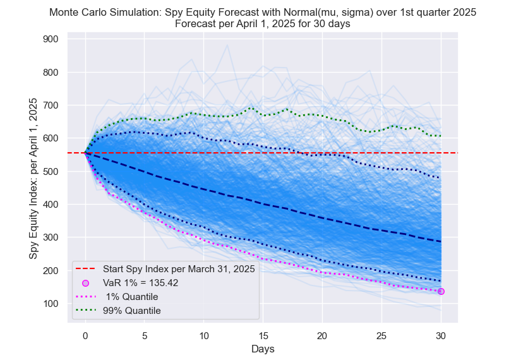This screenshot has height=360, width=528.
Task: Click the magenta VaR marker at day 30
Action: [x=441, y=291]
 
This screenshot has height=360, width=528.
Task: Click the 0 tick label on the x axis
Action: [x=85, y=335]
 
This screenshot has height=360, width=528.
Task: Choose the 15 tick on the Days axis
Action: [x=263, y=335]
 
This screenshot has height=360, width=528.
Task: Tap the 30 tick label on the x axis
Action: [x=441, y=335]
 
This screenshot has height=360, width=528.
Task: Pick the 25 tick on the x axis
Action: [x=381, y=335]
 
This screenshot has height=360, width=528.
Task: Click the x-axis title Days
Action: [x=263, y=348]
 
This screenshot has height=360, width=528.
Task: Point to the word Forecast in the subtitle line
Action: [x=196, y=24]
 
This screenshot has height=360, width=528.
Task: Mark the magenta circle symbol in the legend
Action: [x=86, y=283]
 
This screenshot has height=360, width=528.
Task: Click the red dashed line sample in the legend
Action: [x=86, y=269]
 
